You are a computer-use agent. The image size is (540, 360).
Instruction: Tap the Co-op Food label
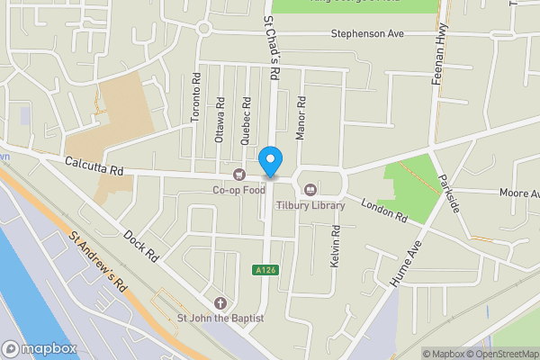[238, 190]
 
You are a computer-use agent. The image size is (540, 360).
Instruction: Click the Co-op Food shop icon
[238, 175]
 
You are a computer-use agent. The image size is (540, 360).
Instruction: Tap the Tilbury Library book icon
[310, 190]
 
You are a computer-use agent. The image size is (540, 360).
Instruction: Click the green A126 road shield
[263, 270]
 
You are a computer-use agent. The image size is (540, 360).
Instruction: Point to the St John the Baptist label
[220, 318]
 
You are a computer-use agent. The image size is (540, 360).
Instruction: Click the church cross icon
[220, 302]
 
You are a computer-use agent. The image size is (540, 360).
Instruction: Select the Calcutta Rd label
[93, 165]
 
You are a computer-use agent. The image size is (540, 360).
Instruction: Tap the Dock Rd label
[142, 245]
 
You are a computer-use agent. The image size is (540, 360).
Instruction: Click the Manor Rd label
[302, 117]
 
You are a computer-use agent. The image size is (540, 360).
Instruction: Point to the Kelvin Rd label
[335, 243]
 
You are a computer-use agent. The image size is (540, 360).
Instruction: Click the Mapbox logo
[39, 348]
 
